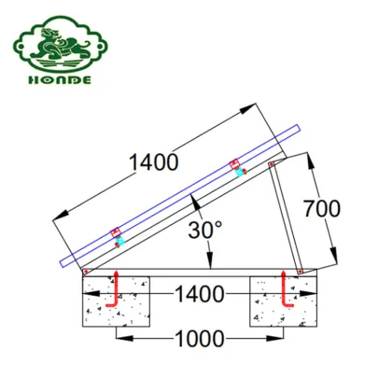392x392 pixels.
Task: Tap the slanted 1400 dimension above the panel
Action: [153, 162]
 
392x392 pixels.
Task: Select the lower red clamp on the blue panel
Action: [117, 233]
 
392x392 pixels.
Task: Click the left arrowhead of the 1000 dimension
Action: [119, 334]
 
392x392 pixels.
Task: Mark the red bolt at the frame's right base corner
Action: [300, 272]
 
